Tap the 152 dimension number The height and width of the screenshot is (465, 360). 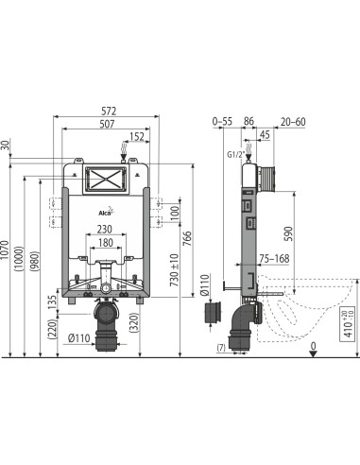tap(138, 136)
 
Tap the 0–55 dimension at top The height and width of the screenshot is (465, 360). tap(222, 122)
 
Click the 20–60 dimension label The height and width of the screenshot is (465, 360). tap(292, 122)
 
